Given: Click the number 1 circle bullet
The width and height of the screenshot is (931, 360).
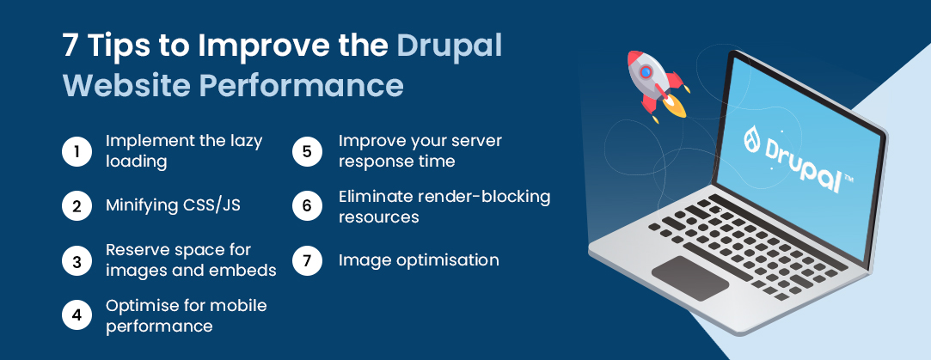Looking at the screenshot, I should pyautogui.click(x=77, y=151).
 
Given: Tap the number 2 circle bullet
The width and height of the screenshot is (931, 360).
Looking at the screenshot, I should pyautogui.click(x=77, y=206).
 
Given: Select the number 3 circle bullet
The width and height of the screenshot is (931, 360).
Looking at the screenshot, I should pyautogui.click(x=77, y=261).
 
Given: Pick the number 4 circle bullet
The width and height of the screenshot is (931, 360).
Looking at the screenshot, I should pyautogui.click(x=77, y=316).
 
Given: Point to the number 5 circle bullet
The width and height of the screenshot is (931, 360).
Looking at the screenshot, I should pyautogui.click(x=307, y=151).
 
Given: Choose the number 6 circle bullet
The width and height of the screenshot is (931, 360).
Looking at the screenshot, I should pyautogui.click(x=307, y=206).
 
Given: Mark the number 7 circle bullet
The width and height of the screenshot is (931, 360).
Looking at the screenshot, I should pyautogui.click(x=307, y=261).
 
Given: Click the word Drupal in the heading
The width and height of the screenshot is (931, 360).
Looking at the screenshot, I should pyautogui.click(x=449, y=46).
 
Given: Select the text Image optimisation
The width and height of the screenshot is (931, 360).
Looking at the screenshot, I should pyautogui.click(x=419, y=259).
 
